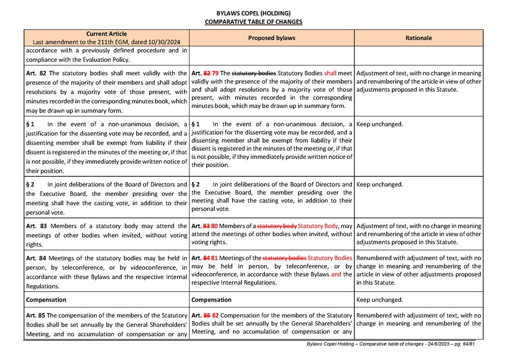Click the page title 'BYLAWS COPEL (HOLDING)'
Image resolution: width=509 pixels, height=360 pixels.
click(254, 13)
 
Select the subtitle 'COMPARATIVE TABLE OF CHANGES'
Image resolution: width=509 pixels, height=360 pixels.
click(254, 22)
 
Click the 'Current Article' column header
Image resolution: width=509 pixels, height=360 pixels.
click(106, 34)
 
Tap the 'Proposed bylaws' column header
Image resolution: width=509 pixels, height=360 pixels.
click(271, 38)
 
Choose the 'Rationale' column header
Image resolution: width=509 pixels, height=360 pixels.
click(419, 38)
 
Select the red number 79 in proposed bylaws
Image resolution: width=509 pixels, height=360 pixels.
click(215, 73)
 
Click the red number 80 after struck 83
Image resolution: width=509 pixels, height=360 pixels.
click(214, 226)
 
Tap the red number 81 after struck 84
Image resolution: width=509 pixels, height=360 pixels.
click(214, 258)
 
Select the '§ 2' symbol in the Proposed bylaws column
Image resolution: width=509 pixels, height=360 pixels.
click(196, 184)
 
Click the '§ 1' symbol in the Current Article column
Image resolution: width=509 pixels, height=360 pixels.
click(30, 124)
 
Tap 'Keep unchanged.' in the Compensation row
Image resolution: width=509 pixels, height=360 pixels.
click(380, 300)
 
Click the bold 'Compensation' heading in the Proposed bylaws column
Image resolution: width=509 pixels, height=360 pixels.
click(212, 300)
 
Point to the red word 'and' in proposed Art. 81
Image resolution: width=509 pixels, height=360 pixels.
click(336, 274)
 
